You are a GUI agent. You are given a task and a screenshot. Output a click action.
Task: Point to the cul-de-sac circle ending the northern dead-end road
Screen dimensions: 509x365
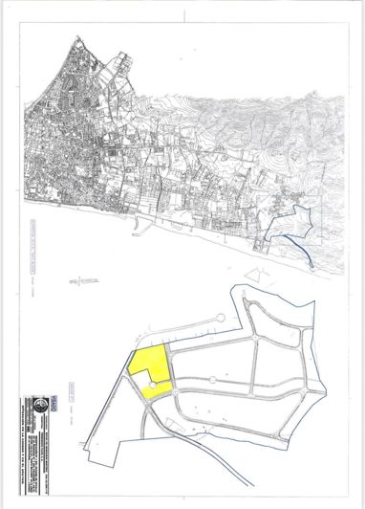(x=223, y=318)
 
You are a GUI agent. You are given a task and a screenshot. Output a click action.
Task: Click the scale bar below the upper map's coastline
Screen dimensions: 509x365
(x=86, y=280)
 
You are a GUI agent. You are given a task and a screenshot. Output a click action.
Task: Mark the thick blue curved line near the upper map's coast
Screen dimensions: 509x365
(x=298, y=252)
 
